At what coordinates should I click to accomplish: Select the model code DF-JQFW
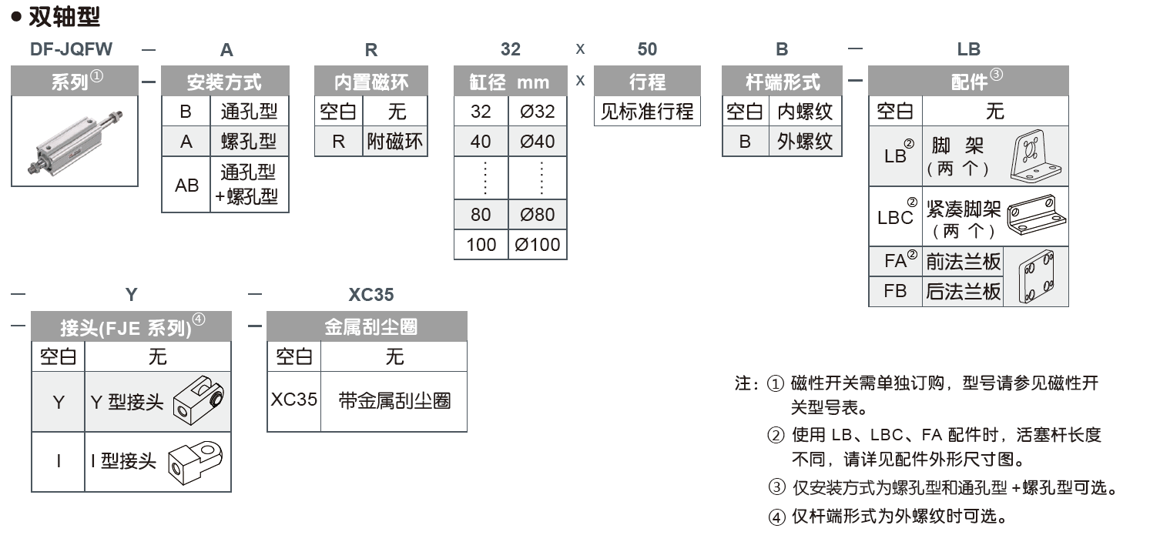[x=71, y=50]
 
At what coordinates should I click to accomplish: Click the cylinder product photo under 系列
[x=75, y=141]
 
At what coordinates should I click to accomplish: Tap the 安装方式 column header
[x=225, y=82]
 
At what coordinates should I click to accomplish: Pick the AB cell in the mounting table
[x=186, y=185]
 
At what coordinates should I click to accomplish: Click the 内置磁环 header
[x=371, y=82]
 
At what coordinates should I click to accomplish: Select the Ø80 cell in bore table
[x=538, y=215]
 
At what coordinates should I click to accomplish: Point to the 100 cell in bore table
[x=481, y=246]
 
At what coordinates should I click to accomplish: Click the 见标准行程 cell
[x=647, y=112]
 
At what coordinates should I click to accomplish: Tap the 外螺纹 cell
[x=805, y=142]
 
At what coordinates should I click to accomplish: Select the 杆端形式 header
[x=783, y=82]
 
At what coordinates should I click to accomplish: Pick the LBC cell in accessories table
[x=895, y=217]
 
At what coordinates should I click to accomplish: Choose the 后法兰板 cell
[x=963, y=292]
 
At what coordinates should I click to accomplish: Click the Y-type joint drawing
[x=198, y=401]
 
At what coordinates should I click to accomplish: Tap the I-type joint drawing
[x=198, y=461]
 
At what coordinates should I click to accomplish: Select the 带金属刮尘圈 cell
[x=394, y=400]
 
